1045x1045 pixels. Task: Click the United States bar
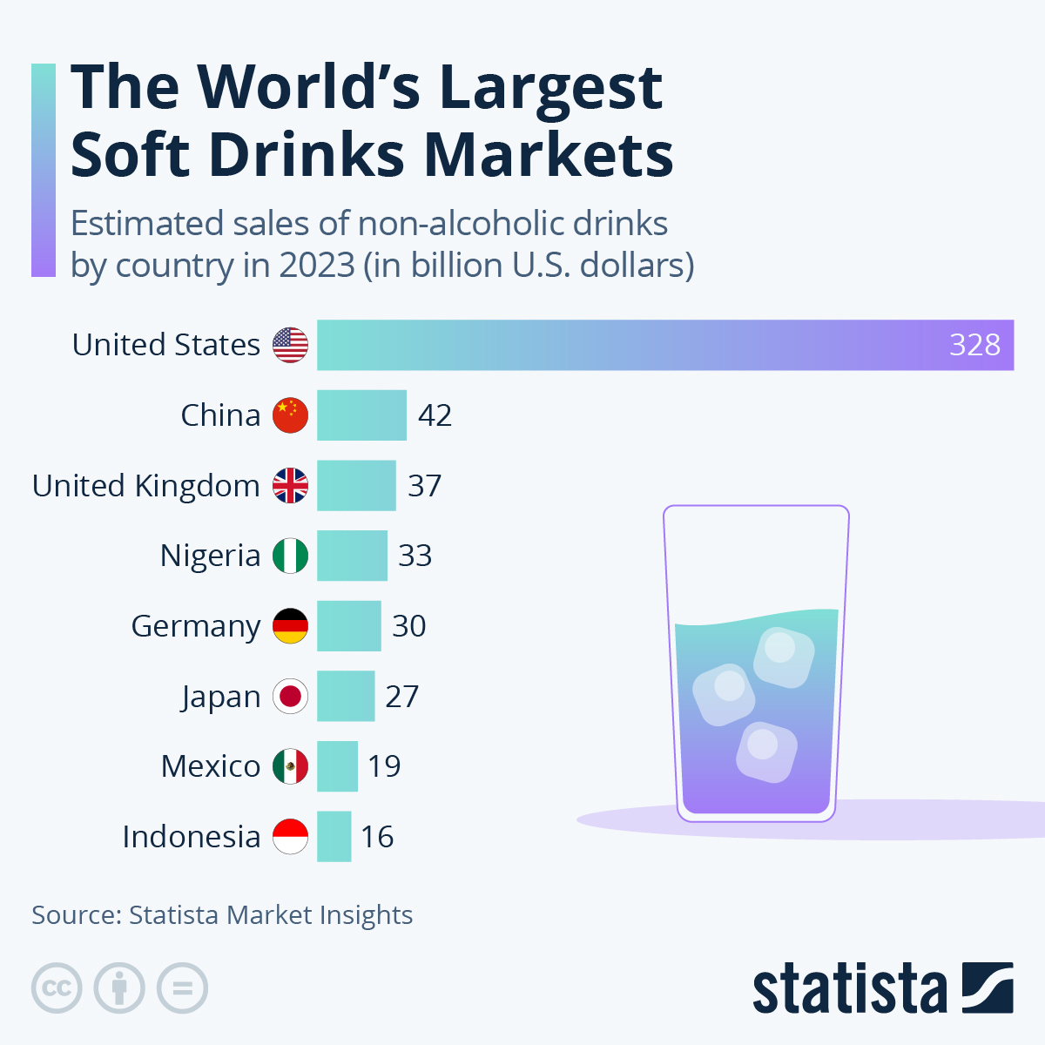(662, 345)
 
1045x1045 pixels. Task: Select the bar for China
(361, 415)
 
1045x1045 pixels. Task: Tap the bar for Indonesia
(334, 837)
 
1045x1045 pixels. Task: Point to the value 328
(974, 345)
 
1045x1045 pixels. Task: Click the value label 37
(424, 486)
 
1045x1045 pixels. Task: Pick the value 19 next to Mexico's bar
(383, 766)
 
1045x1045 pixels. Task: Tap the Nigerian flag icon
(290, 556)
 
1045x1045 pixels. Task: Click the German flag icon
(290, 626)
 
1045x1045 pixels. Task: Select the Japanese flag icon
(290, 697)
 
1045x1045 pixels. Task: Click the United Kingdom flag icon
(290, 486)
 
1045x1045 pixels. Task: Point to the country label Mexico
(211, 766)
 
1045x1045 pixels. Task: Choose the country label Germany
(196, 627)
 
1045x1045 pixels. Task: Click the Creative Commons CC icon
(57, 988)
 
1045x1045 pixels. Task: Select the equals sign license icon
(182, 988)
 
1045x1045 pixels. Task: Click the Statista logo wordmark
(849, 988)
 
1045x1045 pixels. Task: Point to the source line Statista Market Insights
(270, 915)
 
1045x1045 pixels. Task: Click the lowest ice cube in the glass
(766, 751)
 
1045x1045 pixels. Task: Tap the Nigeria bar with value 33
(352, 556)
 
